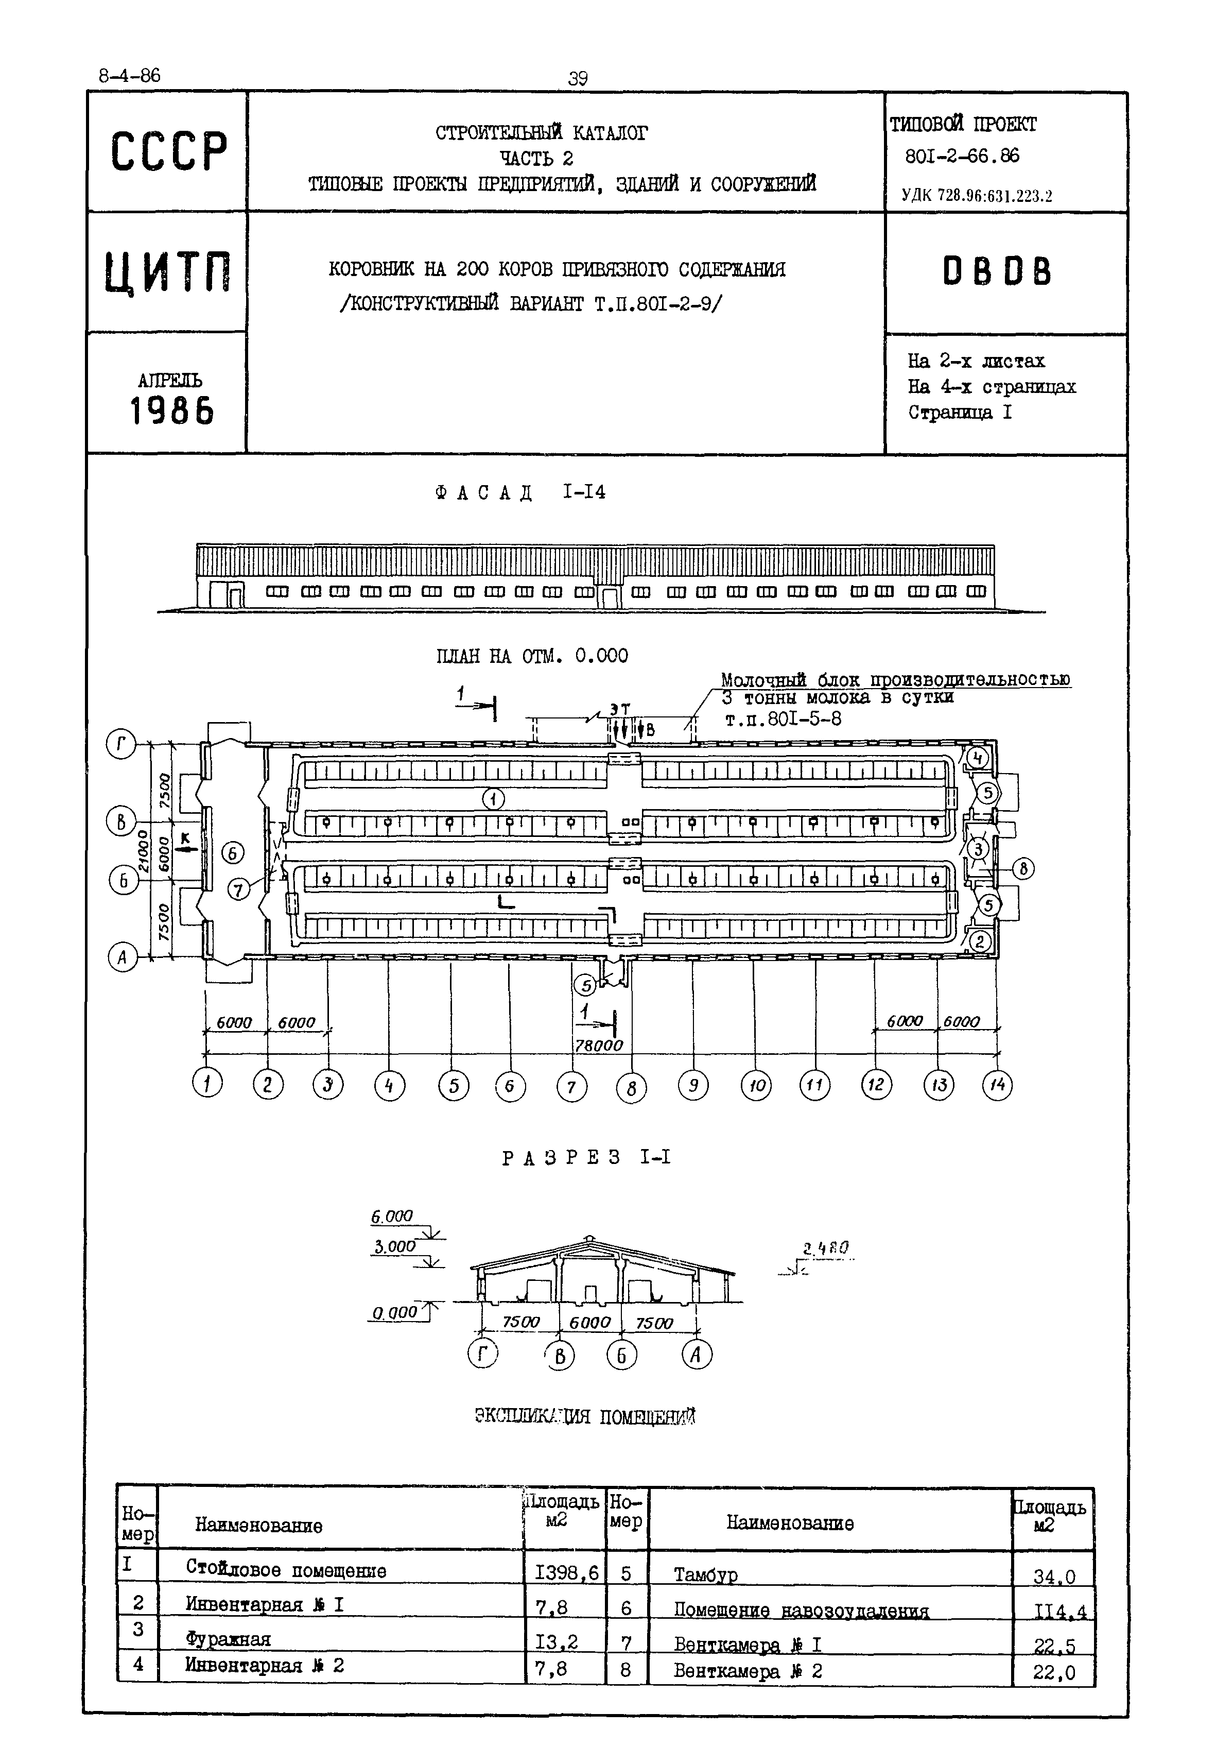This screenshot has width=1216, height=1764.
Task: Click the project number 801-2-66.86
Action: coord(962,156)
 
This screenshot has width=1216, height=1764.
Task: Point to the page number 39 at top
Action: coord(578,78)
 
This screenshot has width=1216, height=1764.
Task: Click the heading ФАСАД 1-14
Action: coord(520,492)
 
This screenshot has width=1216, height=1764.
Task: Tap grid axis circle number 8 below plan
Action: coord(631,1088)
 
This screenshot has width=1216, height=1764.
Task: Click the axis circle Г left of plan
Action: coord(121,745)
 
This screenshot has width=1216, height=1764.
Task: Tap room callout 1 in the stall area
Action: coord(494,799)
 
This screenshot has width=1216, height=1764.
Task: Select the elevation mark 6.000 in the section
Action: coord(392,1217)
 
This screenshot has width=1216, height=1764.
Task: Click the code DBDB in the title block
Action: coord(997,271)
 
